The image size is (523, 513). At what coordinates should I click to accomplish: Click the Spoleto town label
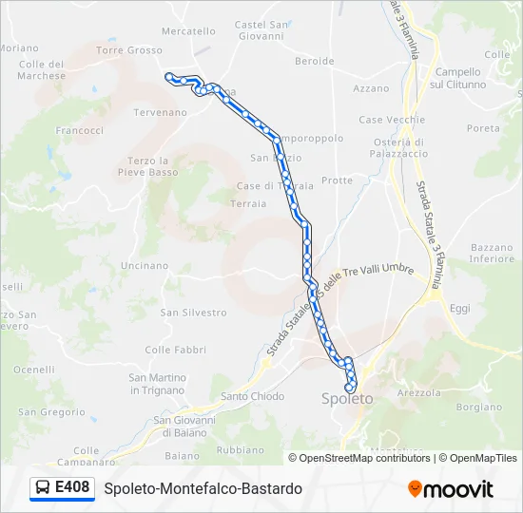click(x=347, y=399)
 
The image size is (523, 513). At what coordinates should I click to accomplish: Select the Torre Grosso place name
click(x=129, y=49)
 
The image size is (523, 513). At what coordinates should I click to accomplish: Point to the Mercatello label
click(x=189, y=30)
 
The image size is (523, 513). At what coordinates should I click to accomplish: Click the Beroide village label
click(x=315, y=61)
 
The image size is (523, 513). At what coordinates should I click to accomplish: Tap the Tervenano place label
click(x=160, y=112)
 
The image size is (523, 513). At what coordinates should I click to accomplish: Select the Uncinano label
click(x=145, y=266)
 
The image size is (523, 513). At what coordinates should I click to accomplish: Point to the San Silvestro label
click(x=193, y=312)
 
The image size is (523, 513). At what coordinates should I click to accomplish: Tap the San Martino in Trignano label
click(x=157, y=384)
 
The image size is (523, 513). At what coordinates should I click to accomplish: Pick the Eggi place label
click(x=460, y=309)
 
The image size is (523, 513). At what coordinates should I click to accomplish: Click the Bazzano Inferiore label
click(x=492, y=253)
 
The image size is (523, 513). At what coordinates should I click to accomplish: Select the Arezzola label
click(x=419, y=391)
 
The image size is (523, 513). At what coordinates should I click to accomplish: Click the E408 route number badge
click(x=73, y=487)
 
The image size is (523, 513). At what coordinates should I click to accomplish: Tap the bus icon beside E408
click(x=43, y=488)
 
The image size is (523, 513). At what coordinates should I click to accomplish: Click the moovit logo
click(x=451, y=489)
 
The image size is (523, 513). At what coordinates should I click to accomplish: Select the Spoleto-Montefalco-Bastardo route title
click(x=203, y=488)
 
